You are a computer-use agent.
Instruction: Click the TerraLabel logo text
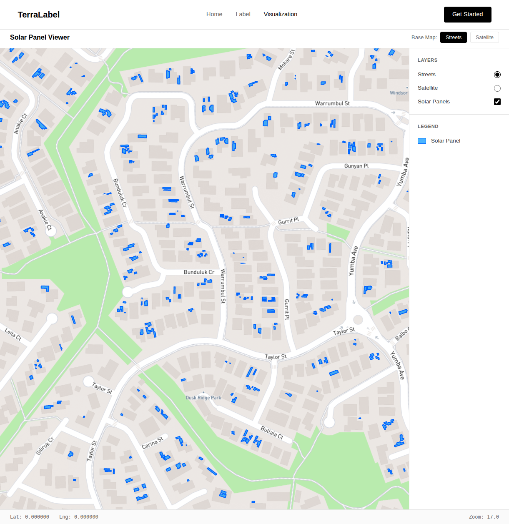pyautogui.click(x=39, y=15)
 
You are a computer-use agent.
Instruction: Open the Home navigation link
pyautogui.click(x=214, y=14)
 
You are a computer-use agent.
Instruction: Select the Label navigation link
pyautogui.click(x=243, y=14)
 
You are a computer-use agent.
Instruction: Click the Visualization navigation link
pyautogui.click(x=281, y=14)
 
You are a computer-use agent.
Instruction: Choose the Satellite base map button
pyautogui.click(x=484, y=38)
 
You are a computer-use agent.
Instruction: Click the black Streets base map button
pyautogui.click(x=454, y=38)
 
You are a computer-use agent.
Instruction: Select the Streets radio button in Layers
pyautogui.click(x=497, y=75)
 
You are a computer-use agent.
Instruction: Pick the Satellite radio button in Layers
pyautogui.click(x=497, y=88)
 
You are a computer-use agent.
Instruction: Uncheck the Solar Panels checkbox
pyautogui.click(x=497, y=102)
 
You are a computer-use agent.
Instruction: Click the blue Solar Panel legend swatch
pyautogui.click(x=422, y=141)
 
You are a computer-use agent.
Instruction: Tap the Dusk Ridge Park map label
pyautogui.click(x=203, y=398)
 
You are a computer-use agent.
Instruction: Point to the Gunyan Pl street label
pyautogui.click(x=356, y=166)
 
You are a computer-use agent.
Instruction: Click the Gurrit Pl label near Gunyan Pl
pyautogui.click(x=288, y=221)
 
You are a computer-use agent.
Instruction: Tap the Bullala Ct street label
pyautogui.click(x=272, y=432)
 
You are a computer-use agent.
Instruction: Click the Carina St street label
pyautogui.click(x=152, y=443)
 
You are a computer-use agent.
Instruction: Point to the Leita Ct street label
pyautogui.click(x=13, y=334)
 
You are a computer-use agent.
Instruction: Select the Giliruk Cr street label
pyautogui.click(x=45, y=446)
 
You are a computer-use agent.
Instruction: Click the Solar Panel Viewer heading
pyautogui.click(x=40, y=38)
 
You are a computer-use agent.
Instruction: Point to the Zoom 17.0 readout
pyautogui.click(x=484, y=517)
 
